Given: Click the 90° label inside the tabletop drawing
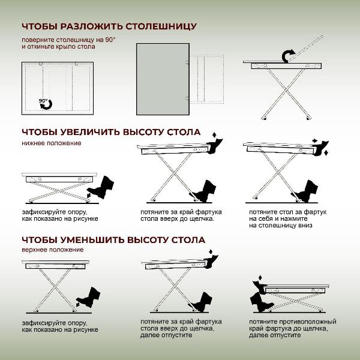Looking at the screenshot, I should click(43, 100).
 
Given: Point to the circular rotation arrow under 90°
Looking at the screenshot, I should click(46, 106).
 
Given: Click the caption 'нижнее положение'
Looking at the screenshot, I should click(51, 143).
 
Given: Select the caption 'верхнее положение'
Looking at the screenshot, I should click(52, 250).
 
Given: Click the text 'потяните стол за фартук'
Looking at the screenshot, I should click(287, 212).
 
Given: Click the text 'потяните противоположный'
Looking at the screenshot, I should click(292, 322).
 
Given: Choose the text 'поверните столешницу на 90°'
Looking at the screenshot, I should click(68, 40).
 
